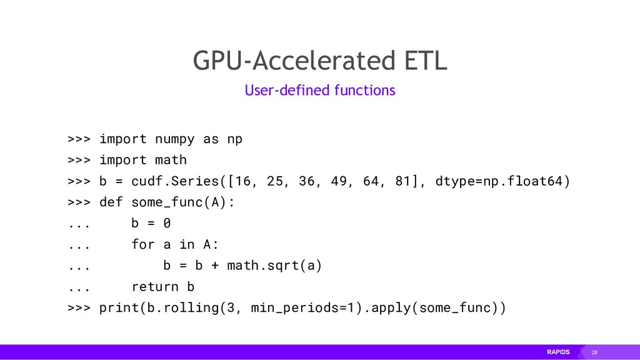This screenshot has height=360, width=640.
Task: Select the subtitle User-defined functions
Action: point(319,91)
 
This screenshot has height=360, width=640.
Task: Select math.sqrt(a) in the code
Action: point(274,266)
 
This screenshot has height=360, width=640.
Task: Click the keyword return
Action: point(155,287)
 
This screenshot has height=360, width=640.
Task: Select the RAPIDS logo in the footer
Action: point(558,352)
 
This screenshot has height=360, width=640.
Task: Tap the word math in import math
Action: point(171,160)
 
